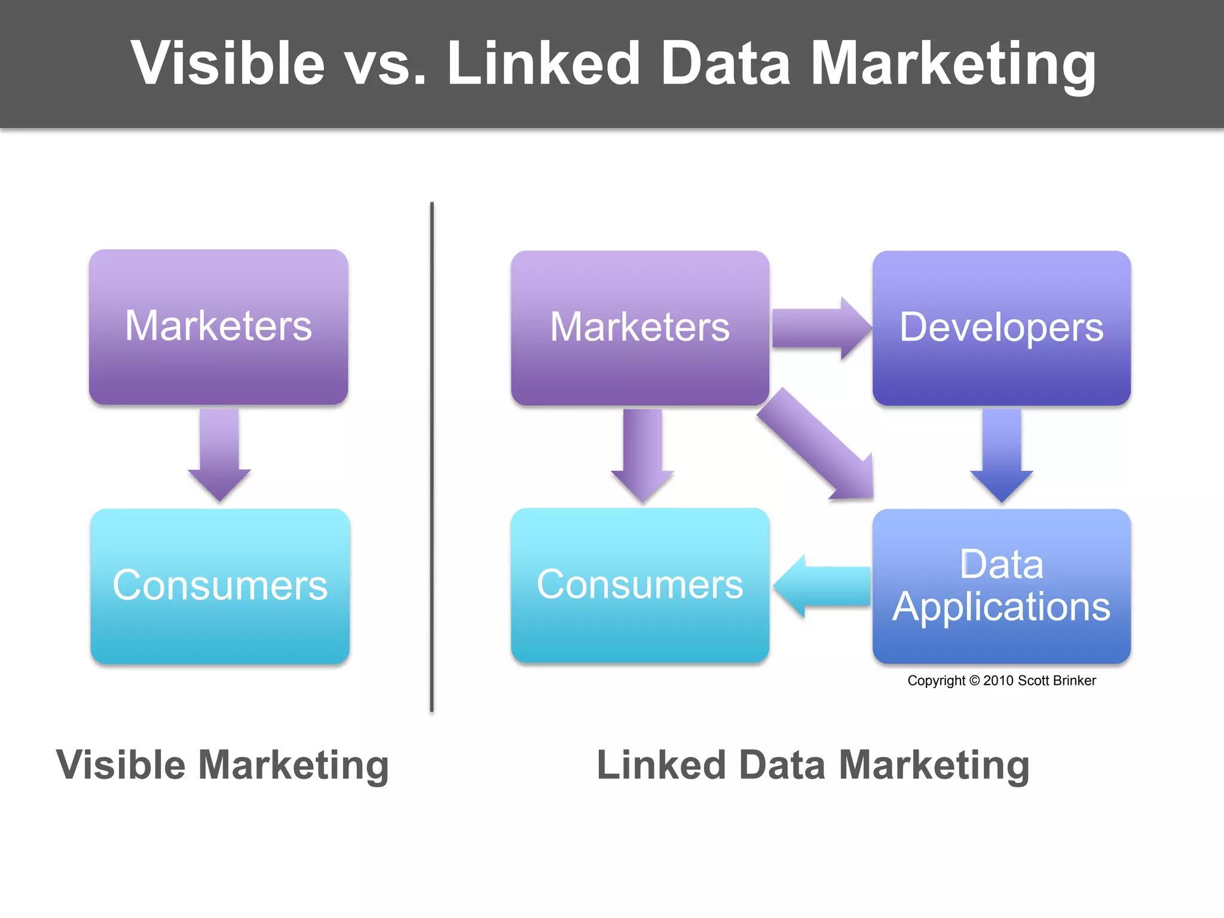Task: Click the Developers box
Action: coord(1001,328)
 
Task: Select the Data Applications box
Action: coord(1001,586)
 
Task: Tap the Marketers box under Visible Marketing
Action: coord(218,326)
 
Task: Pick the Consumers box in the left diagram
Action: coord(220,586)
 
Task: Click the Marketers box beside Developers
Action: coord(639,328)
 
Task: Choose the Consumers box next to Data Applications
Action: coord(639,585)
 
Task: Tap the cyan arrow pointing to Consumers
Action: coord(822,586)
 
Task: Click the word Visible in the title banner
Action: coord(227,63)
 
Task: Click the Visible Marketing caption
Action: coord(222,765)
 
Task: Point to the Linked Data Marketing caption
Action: coord(813,765)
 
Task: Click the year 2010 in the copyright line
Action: coord(999,681)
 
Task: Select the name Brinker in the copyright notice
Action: coord(1073,681)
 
